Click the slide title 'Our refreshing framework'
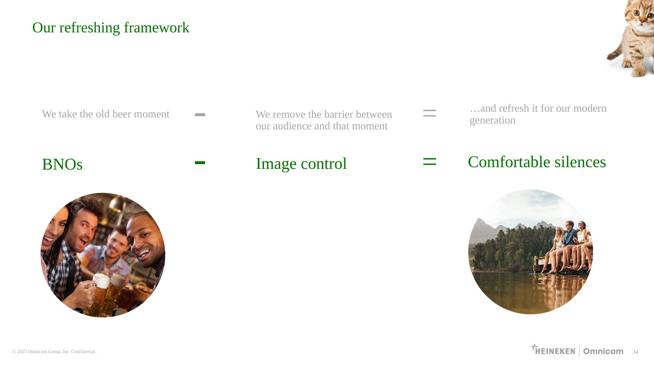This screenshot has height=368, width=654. coord(111,28)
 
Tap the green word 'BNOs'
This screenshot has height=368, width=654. coord(62,164)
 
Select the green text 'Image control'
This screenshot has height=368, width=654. coord(301,164)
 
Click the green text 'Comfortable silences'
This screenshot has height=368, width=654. coord(537,162)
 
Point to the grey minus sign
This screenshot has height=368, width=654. coord(200,115)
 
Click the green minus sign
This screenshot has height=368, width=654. coord(200,163)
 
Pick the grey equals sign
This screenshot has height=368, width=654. coord(430,113)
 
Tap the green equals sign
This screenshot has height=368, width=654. coord(430,161)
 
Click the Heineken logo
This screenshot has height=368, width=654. coord(553,350)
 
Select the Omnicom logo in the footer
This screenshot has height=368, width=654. coord(603,351)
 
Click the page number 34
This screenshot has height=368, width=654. coord(635,352)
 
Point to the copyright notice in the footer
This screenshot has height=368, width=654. coord(54,352)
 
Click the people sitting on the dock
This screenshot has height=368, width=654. coord(567,247)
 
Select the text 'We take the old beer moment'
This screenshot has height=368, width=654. coord(106,114)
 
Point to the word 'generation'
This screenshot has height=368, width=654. coord(492,121)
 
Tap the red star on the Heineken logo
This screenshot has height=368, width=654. coord(534,347)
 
